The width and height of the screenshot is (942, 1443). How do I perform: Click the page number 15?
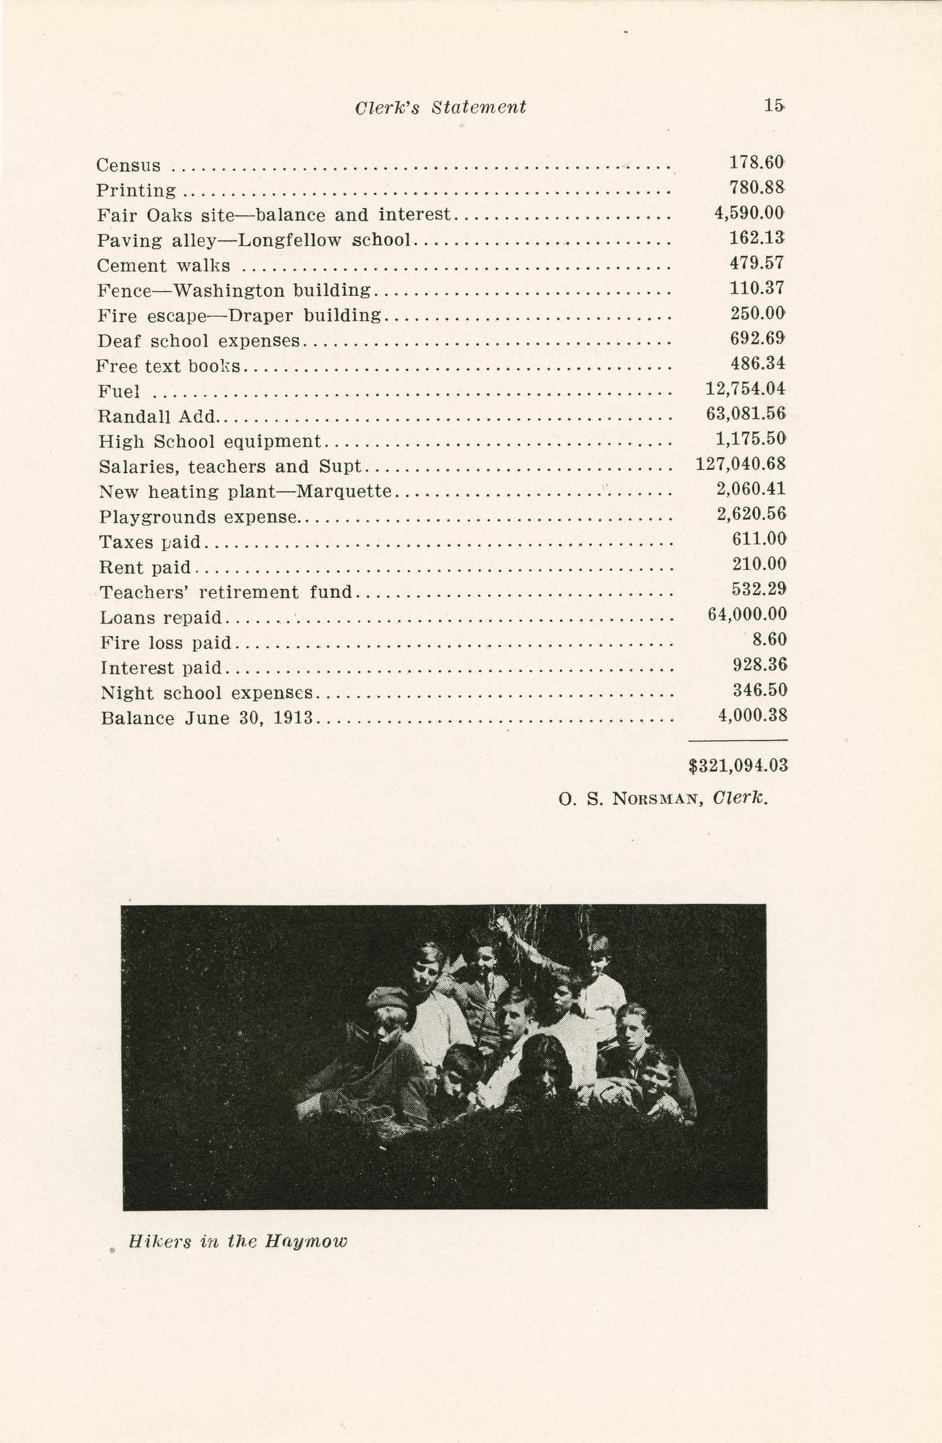pyautogui.click(x=774, y=105)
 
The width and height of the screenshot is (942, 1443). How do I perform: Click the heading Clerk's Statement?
pyautogui.click(x=440, y=108)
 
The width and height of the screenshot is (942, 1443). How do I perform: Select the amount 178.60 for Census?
pyautogui.click(x=757, y=162)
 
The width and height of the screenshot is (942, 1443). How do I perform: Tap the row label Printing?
pyautogui.click(x=136, y=191)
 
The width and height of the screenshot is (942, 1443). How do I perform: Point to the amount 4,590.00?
pyautogui.click(x=749, y=213)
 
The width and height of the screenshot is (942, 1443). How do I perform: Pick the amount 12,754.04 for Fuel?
pyautogui.click(x=745, y=389)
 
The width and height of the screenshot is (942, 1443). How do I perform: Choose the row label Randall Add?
pyautogui.click(x=157, y=417)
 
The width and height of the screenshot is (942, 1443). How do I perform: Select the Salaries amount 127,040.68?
pyautogui.click(x=741, y=464)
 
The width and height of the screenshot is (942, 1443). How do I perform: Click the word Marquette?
pyautogui.click(x=344, y=492)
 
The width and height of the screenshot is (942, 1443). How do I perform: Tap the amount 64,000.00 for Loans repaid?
pyautogui.click(x=747, y=614)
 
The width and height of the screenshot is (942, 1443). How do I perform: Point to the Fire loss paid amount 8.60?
pyautogui.click(x=769, y=640)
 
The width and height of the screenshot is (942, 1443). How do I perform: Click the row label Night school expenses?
pyautogui.click(x=207, y=694)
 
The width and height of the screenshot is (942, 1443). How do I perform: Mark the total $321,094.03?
pyautogui.click(x=738, y=767)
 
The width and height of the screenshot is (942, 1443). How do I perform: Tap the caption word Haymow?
pyautogui.click(x=306, y=1242)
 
